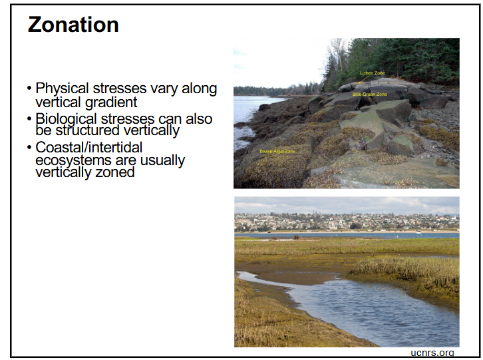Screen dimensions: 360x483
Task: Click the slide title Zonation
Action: click(x=73, y=25)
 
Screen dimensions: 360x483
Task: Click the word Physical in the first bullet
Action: click(x=61, y=89)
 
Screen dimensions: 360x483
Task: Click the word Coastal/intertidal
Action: click(x=89, y=148)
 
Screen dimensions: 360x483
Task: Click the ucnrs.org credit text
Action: click(x=432, y=353)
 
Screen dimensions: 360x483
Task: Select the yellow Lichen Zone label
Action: click(x=372, y=73)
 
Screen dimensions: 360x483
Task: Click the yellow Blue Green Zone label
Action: click(x=369, y=94)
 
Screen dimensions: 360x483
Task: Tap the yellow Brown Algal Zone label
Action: click(x=277, y=152)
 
